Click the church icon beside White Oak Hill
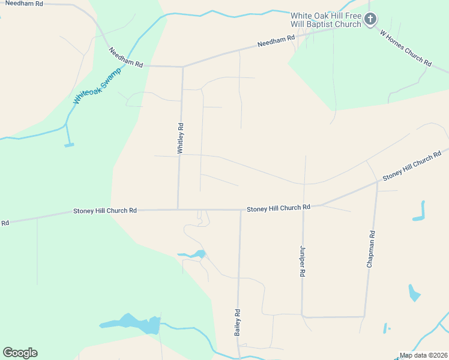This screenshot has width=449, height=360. tap(370, 19)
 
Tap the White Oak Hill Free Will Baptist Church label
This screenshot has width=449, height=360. tap(326, 20)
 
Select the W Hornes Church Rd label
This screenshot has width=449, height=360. tap(406, 47)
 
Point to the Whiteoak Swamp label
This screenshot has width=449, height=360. tap(97, 85)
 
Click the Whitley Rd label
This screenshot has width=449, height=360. tap(180, 139)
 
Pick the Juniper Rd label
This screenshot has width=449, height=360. tap(302, 260)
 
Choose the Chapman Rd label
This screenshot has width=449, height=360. tap(371, 248)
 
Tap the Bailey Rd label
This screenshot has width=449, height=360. tap(238, 322)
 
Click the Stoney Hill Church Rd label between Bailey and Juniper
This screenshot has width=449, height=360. tap(278, 207)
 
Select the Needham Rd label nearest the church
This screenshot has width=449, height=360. tap(276, 41)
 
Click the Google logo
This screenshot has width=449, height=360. tap(20, 353)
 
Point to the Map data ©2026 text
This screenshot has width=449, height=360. tap(424, 355)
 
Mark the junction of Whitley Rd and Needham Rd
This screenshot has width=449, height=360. tap(182, 66)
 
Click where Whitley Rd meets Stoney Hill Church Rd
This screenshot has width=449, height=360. tap(178, 209)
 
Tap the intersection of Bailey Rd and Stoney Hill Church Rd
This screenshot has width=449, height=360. tap(240, 210)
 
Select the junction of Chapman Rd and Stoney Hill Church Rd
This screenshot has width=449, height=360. tap(378, 182)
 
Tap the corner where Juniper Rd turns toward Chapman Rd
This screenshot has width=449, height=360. tap(303, 316)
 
